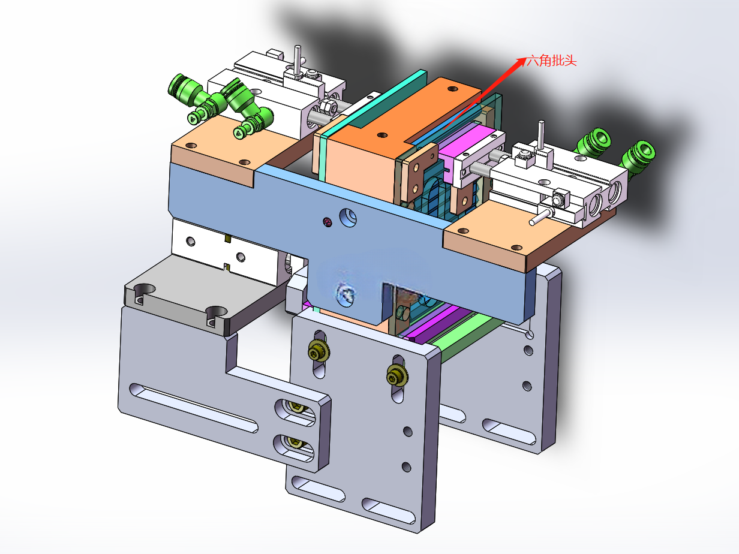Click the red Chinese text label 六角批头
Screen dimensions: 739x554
[551, 61]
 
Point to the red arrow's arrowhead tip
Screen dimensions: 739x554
[527, 58]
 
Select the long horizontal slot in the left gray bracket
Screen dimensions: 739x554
[194, 407]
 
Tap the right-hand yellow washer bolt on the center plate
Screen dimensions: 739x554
[397, 376]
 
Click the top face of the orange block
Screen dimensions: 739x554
[407, 111]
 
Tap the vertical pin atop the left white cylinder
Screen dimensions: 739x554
[298, 61]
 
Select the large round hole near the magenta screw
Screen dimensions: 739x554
[347, 217]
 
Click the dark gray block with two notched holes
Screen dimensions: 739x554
[202, 293]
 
